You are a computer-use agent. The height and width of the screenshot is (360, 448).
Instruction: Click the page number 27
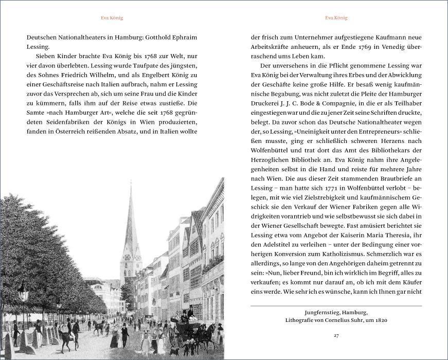336,336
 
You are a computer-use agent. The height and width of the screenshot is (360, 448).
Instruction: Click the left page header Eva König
112,18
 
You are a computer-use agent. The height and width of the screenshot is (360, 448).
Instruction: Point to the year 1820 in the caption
379,320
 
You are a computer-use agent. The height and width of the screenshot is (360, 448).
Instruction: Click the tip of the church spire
131,183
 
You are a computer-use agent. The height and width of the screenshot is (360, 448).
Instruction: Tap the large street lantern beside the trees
23,295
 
